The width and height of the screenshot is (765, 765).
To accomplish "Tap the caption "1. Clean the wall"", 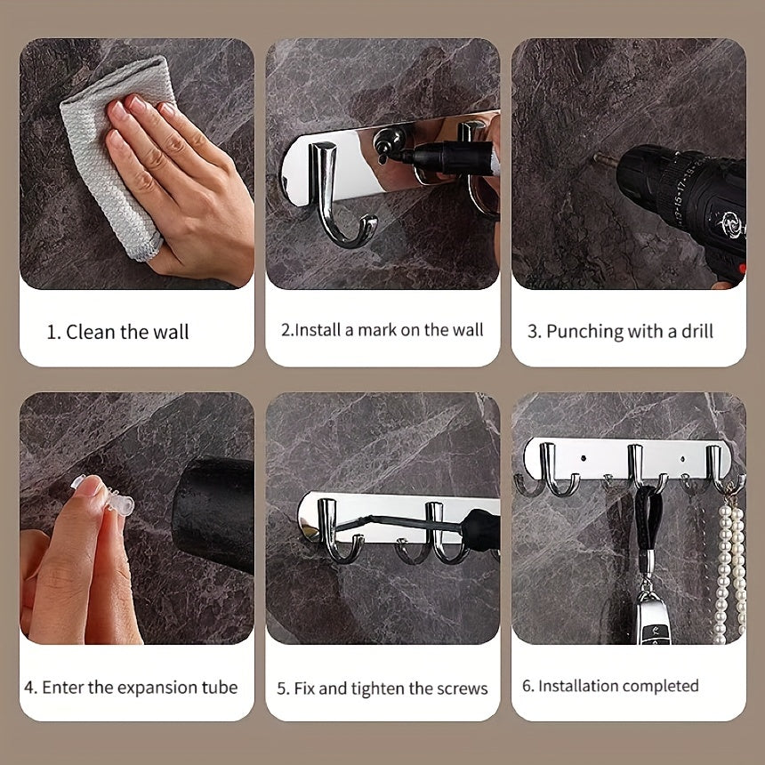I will click(117, 333).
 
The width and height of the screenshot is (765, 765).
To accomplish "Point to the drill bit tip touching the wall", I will click(599, 158).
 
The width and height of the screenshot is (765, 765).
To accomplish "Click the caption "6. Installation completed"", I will click(610, 686).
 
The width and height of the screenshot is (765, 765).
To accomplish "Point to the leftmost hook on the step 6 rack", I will click(556, 471).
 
